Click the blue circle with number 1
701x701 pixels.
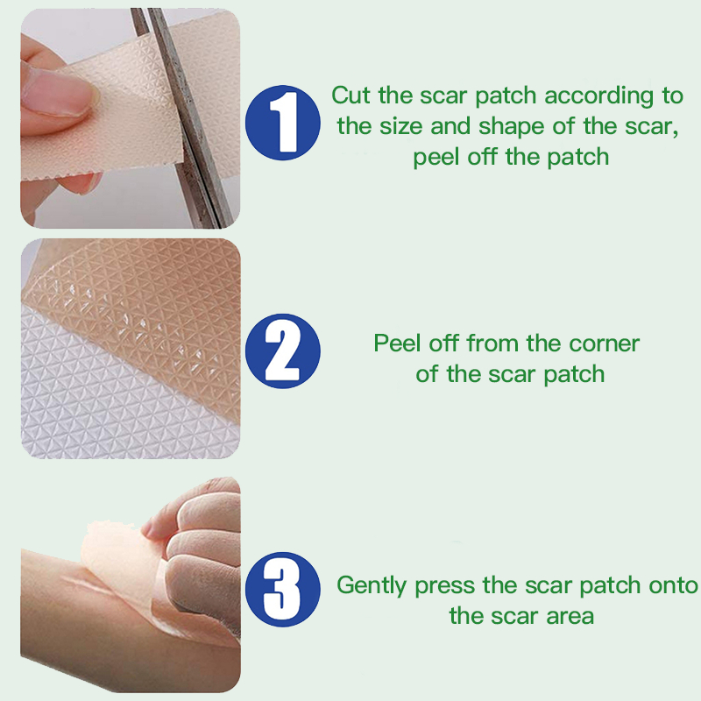pyautogui.click(x=282, y=123)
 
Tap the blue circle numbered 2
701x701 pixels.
pyautogui.click(x=282, y=351)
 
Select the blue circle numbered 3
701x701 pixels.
pyautogui.click(x=282, y=589)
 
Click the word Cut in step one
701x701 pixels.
pyautogui.click(x=350, y=96)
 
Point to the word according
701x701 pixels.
pyautogui.click(x=599, y=96)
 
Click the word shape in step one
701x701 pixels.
pyautogui.click(x=512, y=127)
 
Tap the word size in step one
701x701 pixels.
pyautogui.click(x=401, y=126)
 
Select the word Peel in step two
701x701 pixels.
pyautogui.click(x=397, y=343)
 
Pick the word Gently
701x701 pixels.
pyautogui.click(x=372, y=585)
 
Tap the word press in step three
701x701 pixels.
pyautogui.click(x=444, y=586)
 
